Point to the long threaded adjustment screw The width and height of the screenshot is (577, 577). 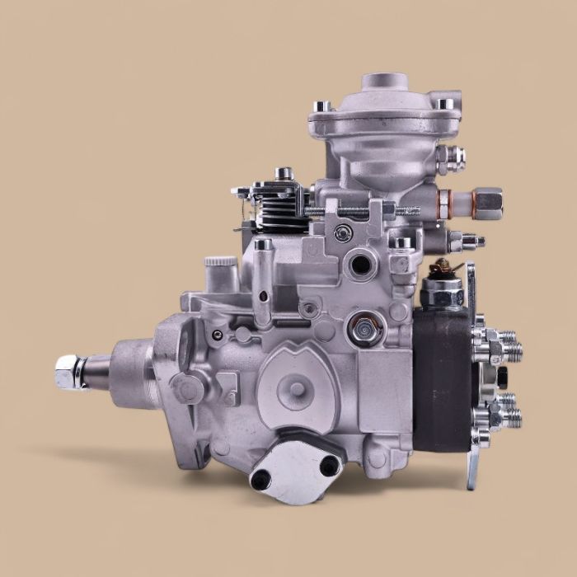[x=363, y=211]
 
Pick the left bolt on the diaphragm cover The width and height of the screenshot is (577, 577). [x=321, y=107]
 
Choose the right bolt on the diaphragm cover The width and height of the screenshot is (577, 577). [x=446, y=104]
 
